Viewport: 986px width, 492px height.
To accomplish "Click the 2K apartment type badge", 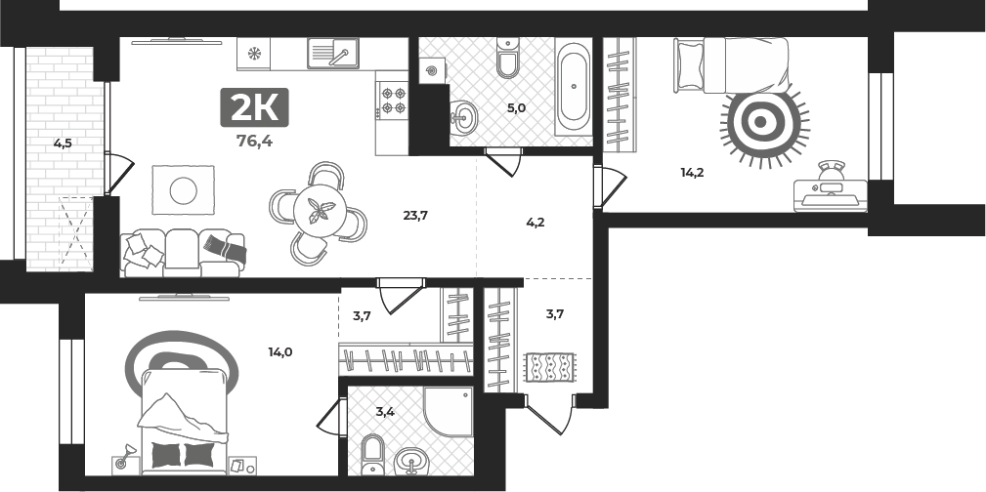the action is (254, 107).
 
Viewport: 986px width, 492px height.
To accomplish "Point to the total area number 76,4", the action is (254, 141).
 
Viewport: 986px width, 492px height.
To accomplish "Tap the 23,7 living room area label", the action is (415, 216).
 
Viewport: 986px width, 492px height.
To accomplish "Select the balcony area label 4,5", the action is (63, 143).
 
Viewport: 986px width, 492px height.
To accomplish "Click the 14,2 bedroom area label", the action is (692, 172).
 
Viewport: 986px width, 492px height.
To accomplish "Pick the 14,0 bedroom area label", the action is (279, 352).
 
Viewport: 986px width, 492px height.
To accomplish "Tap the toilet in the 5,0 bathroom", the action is (508, 58).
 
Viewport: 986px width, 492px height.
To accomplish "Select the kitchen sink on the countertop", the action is (332, 53).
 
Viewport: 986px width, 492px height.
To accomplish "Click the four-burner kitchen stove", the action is (393, 101).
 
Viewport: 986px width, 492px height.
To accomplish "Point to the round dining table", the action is (319, 211).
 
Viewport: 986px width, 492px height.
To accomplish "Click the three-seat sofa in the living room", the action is (183, 253).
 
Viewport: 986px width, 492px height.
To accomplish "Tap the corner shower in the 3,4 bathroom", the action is (449, 412).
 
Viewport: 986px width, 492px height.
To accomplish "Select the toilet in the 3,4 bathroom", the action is (373, 454).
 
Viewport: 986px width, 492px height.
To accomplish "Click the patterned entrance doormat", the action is (549, 367).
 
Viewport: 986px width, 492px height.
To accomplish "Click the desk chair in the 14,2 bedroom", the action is (832, 172).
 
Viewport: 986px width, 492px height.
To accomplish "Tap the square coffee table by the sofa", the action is (183, 189).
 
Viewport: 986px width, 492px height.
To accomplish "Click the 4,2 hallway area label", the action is (536, 222).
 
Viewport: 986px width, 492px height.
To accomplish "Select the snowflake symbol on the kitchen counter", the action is (253, 54).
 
